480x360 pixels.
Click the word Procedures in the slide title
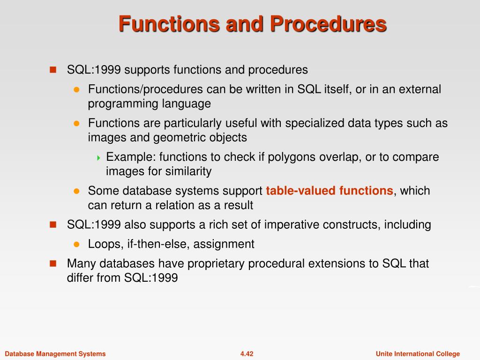pos(328,24)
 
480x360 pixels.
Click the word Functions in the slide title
pos(169,24)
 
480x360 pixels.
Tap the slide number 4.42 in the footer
pos(247,354)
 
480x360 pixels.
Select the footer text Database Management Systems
pos(55,354)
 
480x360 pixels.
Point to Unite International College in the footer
pos(418,354)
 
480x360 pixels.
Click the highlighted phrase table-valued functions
pos(330,191)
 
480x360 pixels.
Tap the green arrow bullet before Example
pos(98,158)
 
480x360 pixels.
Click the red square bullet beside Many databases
pos(53,263)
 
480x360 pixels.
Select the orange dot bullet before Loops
pos(76,244)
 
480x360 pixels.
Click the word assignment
pos(224,245)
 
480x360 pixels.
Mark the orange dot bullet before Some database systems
pos(76,191)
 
